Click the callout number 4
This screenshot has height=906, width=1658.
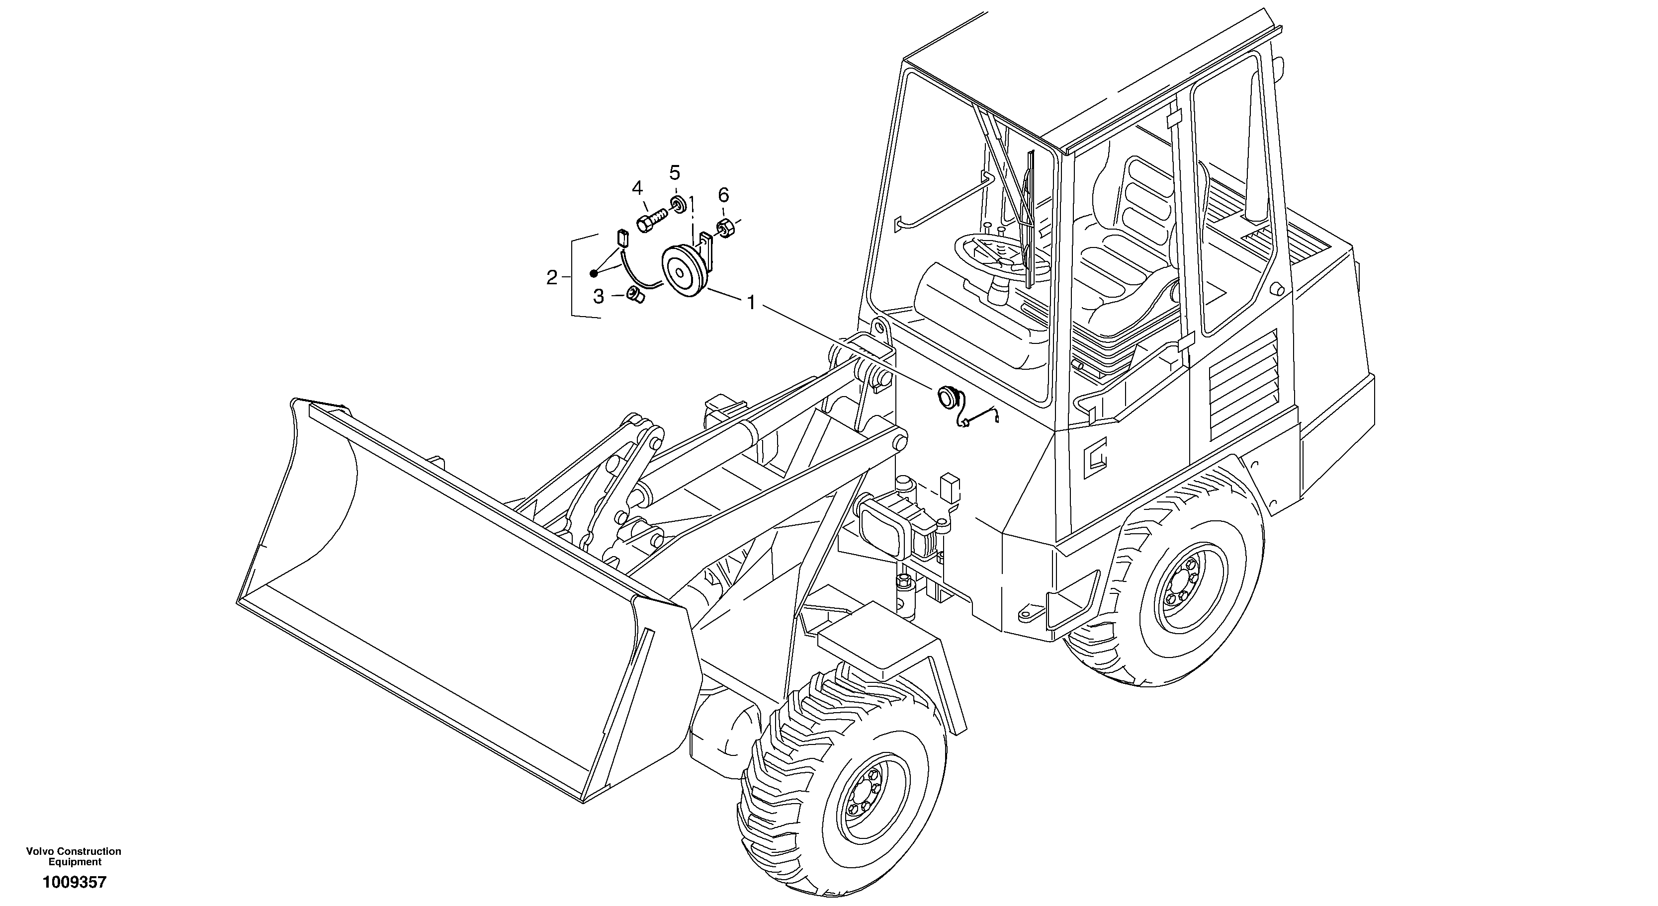coord(637,188)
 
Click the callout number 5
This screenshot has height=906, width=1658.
coord(674,172)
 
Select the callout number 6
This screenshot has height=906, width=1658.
coord(723,194)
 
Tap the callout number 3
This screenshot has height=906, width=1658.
coord(599,297)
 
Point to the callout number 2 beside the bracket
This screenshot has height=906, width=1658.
coord(552,278)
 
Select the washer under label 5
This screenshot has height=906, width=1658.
coord(677,205)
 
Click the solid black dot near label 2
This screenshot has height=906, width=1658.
coord(594,273)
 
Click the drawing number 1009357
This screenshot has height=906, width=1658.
coord(74,882)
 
